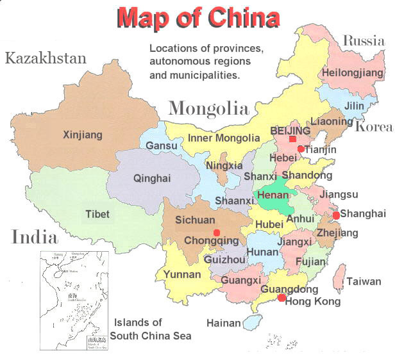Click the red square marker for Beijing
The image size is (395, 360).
click(x=292, y=139)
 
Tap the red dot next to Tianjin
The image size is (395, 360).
click(x=300, y=149)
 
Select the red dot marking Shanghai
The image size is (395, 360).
click(x=336, y=215)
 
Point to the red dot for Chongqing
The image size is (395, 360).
click(x=216, y=232)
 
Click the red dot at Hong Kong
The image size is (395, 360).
click(x=282, y=297)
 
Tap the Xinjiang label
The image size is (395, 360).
click(x=82, y=135)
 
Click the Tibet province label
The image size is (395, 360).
click(x=97, y=214)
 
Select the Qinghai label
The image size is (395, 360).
click(x=152, y=179)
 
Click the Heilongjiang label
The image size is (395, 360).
click(x=351, y=72)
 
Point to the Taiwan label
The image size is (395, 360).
click(x=365, y=281)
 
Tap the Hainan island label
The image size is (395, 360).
click(x=223, y=323)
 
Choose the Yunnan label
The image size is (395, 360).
click(x=181, y=274)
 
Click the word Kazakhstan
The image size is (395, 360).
click(x=46, y=59)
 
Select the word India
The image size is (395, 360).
click(x=34, y=238)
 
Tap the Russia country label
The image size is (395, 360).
click(x=364, y=42)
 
